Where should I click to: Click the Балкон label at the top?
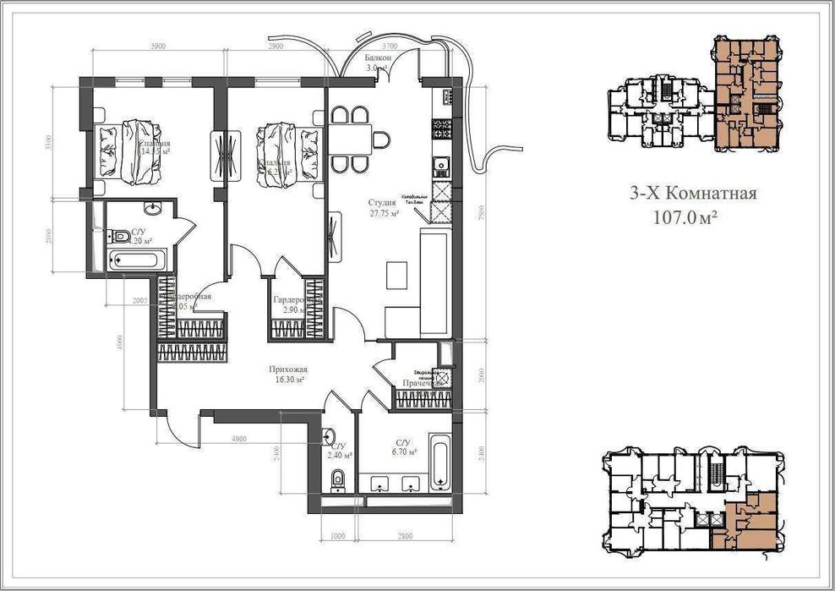point(377,58)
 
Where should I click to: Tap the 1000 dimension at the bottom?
point(338,536)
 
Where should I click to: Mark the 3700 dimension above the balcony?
point(389,46)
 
